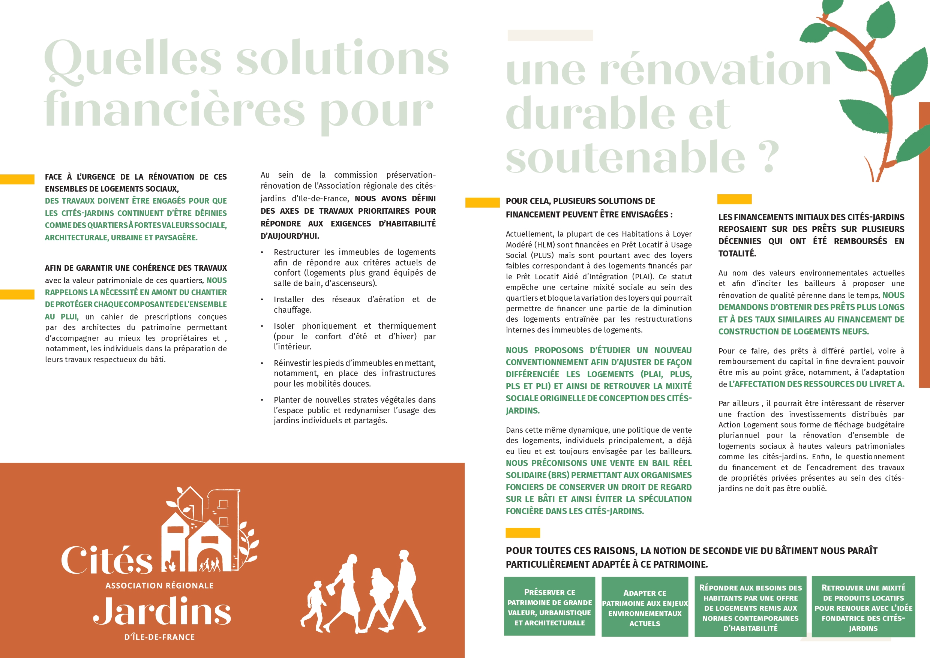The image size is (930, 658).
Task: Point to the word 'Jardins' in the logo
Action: click(162, 612)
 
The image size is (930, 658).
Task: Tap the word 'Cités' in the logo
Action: click(107, 561)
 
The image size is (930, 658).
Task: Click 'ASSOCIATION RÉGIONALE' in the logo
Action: click(159, 586)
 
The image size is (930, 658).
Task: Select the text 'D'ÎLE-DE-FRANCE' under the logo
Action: click(159, 637)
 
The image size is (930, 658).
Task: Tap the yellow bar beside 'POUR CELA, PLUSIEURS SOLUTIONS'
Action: click(482, 202)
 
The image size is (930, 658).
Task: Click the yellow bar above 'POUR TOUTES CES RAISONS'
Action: click(523, 533)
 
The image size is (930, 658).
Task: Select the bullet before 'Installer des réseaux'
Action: click(262, 300)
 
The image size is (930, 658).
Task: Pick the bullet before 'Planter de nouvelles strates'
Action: click(262, 400)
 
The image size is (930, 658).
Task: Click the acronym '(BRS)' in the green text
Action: click(558, 475)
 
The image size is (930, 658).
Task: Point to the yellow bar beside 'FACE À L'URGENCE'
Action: click(17, 179)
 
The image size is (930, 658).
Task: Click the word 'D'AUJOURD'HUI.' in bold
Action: click(290, 236)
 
